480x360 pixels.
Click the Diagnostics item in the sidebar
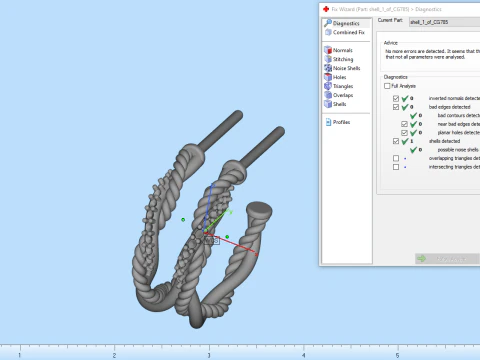345,22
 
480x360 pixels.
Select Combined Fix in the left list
347,32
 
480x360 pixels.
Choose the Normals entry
343,50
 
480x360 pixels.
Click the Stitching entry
344,59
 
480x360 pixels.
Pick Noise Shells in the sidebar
348,68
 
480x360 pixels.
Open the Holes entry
340,77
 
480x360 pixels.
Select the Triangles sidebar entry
345,86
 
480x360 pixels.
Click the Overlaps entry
344,95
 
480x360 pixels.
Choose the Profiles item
342,122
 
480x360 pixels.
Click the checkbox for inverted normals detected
396,99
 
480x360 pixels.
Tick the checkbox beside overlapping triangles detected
396,158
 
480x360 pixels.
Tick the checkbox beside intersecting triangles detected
396,166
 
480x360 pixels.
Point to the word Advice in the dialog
391,43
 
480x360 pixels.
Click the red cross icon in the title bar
326,6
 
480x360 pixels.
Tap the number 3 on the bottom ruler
208,355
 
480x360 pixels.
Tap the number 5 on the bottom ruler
397,355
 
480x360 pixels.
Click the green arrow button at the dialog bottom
422,258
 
